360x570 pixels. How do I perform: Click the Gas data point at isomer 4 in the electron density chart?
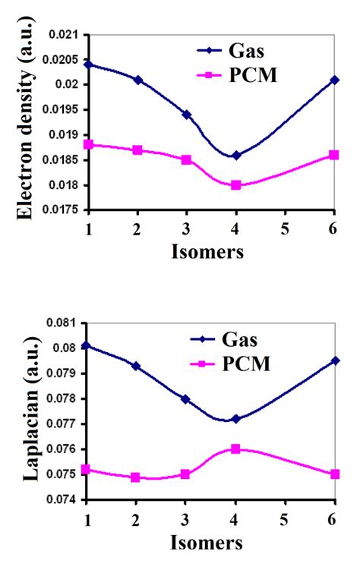(236, 155)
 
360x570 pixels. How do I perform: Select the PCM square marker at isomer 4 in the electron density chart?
(236, 184)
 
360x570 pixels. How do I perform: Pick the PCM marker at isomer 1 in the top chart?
(88, 144)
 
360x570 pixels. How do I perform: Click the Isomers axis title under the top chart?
(210, 253)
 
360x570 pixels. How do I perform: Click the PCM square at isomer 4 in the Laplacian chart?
(236, 449)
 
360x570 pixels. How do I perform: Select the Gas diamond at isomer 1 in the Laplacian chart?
(88, 345)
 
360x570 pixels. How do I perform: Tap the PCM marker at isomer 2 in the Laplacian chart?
(137, 477)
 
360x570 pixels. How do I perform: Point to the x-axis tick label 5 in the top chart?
(285, 229)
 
